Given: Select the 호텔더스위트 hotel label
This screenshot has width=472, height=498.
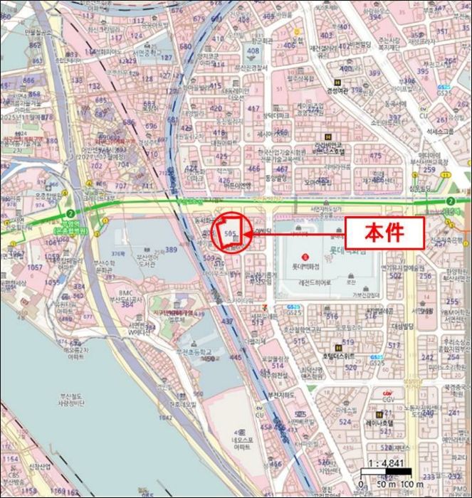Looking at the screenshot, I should pyautogui.click(x=339, y=356).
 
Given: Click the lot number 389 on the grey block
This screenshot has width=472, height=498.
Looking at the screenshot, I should pyautogui.click(x=171, y=250).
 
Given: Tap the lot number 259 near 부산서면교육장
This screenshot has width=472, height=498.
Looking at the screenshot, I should pyautogui.click(x=429, y=169).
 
